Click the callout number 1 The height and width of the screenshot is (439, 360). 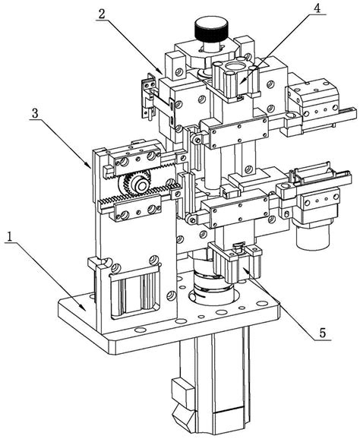tap(10, 238)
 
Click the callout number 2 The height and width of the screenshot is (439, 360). tap(101, 13)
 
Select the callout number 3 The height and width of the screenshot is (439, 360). tap(35, 113)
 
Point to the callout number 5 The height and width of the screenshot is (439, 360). tap(322, 333)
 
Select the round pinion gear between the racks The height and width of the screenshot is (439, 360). tap(135, 183)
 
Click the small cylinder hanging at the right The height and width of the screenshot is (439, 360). tap(313, 235)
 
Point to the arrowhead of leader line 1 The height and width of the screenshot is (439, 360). tap(84, 309)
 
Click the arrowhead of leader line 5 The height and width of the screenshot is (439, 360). tap(244, 270)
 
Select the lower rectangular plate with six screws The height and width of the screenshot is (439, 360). tap(240, 211)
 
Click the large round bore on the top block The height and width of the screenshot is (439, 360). tap(232, 67)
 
